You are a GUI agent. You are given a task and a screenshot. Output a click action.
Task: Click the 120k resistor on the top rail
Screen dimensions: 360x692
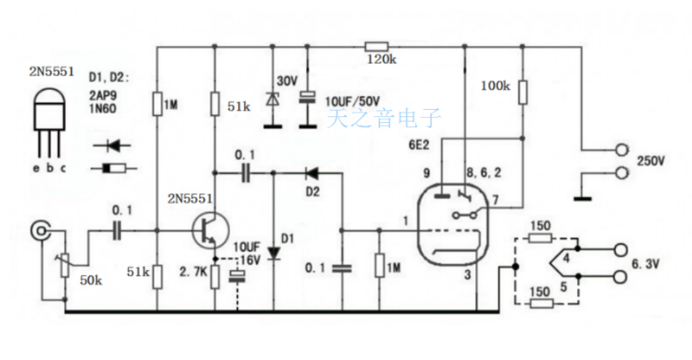point(376,46)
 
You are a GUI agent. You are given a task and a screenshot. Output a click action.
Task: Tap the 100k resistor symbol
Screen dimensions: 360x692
point(522,91)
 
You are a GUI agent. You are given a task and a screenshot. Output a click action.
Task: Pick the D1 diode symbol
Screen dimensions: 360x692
point(273,253)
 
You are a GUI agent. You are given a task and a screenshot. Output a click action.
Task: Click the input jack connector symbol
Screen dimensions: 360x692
point(41,230)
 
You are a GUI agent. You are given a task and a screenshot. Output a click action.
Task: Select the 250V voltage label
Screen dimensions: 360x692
point(651,161)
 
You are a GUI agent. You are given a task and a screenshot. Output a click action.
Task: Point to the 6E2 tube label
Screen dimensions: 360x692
point(420,145)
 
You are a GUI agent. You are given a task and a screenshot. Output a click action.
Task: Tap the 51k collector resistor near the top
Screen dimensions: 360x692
point(215,105)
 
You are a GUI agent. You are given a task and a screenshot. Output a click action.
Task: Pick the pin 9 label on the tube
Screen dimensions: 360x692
point(426,173)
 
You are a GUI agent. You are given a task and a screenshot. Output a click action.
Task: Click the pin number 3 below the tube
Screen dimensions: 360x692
point(467,275)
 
